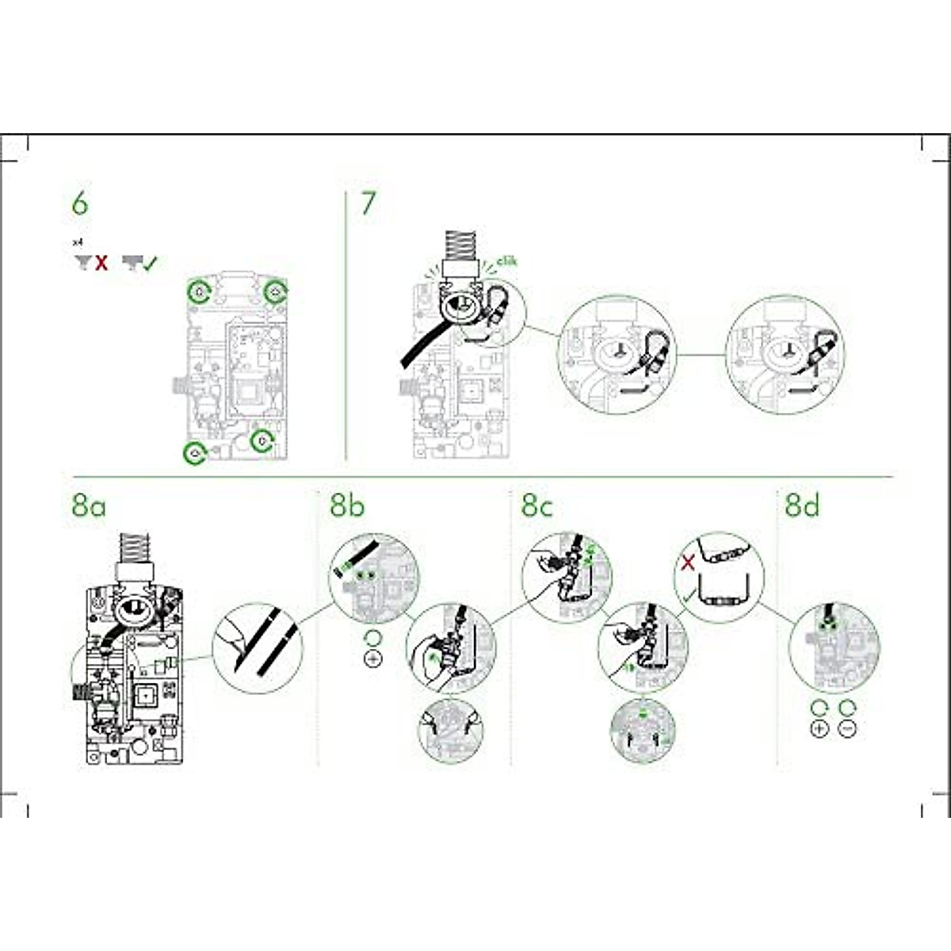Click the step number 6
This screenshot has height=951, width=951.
tap(80, 204)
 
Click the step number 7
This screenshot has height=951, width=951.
tap(369, 204)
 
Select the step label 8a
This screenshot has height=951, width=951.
tap(88, 505)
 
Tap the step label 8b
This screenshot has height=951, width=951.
tap(347, 505)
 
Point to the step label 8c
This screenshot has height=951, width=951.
tap(537, 505)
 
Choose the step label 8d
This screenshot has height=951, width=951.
tap(802, 505)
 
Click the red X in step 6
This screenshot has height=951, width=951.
tap(101, 263)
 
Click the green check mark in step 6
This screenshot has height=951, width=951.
tap(151, 263)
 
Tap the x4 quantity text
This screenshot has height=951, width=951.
tap(77, 243)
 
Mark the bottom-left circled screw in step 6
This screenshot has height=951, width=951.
tap(193, 453)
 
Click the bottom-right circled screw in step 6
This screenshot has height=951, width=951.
tap(262, 440)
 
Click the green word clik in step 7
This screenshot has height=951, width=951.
tap(506, 261)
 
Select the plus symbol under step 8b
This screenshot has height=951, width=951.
tap(372, 659)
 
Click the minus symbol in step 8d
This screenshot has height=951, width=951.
tap(847, 728)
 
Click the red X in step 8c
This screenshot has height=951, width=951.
tap(689, 563)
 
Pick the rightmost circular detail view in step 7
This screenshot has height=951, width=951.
tap(785, 354)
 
